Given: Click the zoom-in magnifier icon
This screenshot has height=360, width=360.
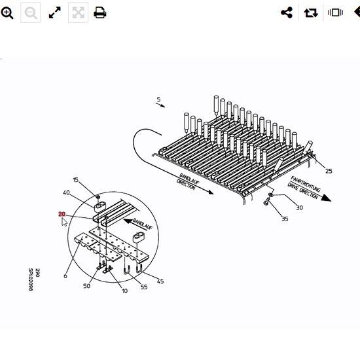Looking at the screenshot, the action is coord(7,12).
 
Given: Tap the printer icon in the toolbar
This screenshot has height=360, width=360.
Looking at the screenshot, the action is coord(100,12).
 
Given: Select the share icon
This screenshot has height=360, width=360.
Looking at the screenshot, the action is coord(287,12).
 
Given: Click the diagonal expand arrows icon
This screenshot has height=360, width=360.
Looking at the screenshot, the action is coord(55,12).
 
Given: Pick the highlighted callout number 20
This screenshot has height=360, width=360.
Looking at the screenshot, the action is coord(62,214).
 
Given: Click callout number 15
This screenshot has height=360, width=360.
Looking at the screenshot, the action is coord(75,180).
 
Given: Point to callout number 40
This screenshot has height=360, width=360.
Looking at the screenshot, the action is coord(66,192).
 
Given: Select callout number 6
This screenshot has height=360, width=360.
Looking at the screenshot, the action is coord(65,276).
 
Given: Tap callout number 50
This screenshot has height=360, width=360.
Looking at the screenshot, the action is coord(86,286).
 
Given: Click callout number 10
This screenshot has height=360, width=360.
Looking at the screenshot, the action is coord(124,291).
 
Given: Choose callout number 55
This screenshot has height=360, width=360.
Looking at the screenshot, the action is coord(144,287).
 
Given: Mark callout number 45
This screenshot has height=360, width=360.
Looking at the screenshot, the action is coord(160,281).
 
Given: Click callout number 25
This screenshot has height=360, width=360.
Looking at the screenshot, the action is coord(329,171).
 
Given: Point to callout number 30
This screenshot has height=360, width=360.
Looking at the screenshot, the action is coord(299,207).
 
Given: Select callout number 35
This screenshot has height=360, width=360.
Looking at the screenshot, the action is coord(285,219).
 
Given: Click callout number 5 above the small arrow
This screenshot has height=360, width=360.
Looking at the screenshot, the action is coord(158,99).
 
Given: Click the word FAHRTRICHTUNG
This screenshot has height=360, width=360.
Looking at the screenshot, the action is coord(306,184).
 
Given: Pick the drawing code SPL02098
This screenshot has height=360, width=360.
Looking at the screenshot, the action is coord(31,279).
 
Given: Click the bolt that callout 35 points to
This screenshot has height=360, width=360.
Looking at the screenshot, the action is coord(266,202).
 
